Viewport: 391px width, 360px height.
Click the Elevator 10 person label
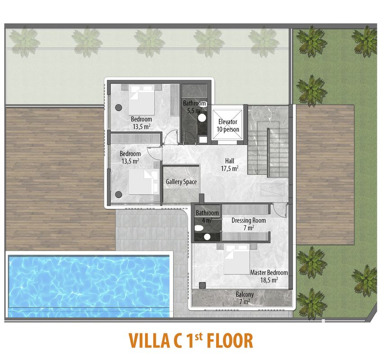(x=227, y=126)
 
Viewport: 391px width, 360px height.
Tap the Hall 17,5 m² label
(x=230, y=165)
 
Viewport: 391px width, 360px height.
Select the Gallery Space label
(x=181, y=182)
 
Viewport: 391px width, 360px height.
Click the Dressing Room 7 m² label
(x=249, y=224)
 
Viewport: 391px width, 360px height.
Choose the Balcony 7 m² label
(x=245, y=298)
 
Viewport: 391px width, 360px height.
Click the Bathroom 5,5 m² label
(x=194, y=107)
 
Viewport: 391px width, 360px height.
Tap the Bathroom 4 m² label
(x=207, y=216)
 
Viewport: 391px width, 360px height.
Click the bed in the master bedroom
(x=237, y=259)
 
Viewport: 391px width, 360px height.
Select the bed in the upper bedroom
(x=141, y=99)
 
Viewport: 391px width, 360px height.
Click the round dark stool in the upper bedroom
(x=118, y=108)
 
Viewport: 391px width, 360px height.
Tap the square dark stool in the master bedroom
(x=202, y=285)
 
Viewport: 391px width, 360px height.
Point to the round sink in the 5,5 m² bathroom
(x=202, y=117)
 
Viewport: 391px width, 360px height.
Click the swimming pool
(x=89, y=286)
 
